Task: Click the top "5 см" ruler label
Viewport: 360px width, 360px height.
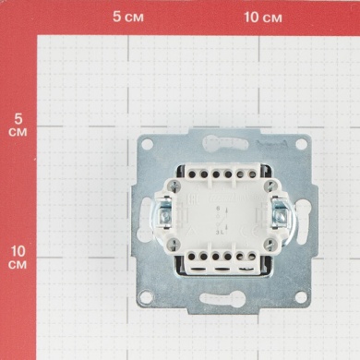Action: (128, 17)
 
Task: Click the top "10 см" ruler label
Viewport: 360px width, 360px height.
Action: (263, 18)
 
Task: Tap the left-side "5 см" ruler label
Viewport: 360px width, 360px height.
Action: (18, 126)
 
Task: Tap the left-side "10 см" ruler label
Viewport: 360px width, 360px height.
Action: (18, 258)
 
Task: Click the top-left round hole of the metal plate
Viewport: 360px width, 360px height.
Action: (147, 144)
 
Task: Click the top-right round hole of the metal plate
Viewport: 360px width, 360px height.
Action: (301, 144)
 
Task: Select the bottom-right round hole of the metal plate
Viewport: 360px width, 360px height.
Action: (301, 297)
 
